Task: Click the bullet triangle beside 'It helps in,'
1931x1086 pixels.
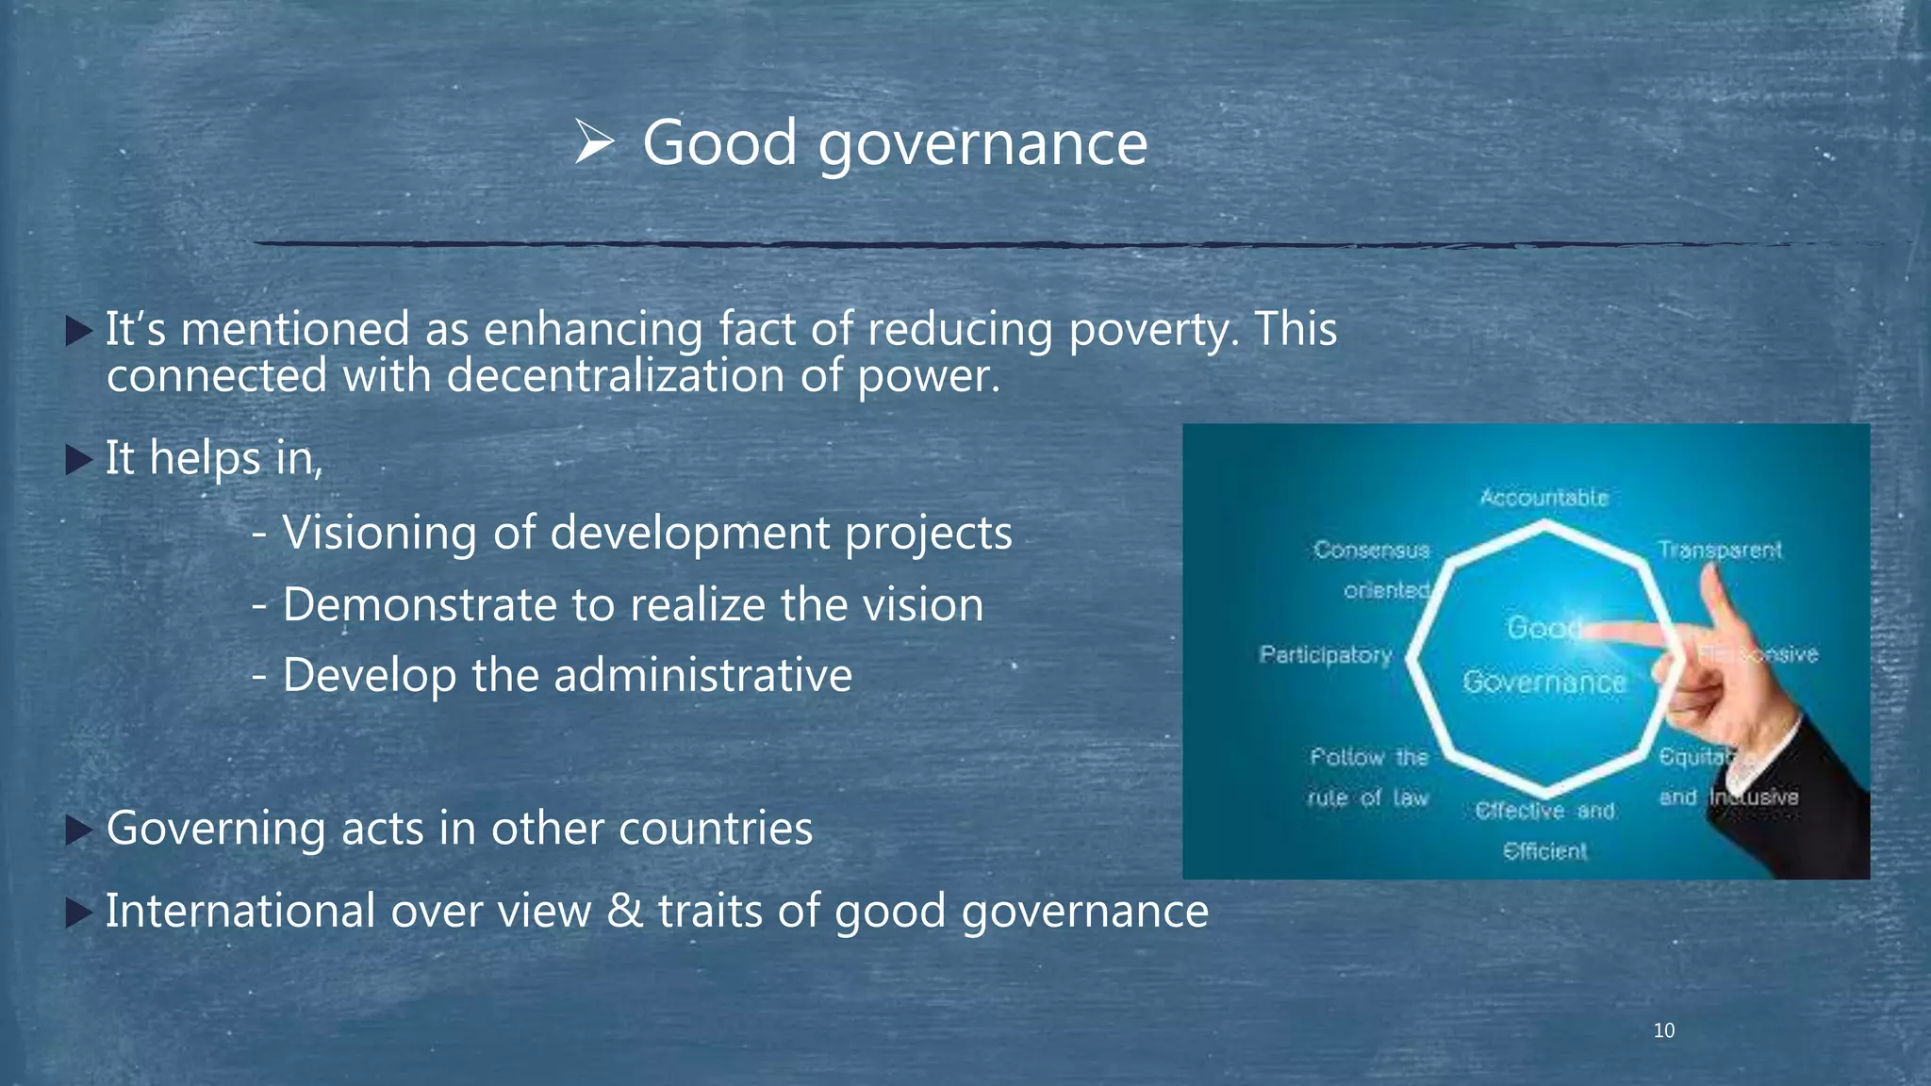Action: tap(79, 460)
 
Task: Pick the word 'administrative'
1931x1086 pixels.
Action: tap(703, 675)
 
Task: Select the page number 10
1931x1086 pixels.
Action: tap(1664, 1030)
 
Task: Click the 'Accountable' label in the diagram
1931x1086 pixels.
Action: tap(1543, 497)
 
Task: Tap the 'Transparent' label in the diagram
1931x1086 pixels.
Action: tap(1720, 550)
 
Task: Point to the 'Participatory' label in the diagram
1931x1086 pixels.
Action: tap(1326, 654)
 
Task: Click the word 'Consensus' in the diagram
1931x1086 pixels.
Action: tap(1372, 550)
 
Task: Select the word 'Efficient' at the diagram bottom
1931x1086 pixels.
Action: tap(1544, 851)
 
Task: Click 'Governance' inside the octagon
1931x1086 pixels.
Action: tap(1544, 682)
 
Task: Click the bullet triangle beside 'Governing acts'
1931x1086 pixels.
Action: tap(79, 831)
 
